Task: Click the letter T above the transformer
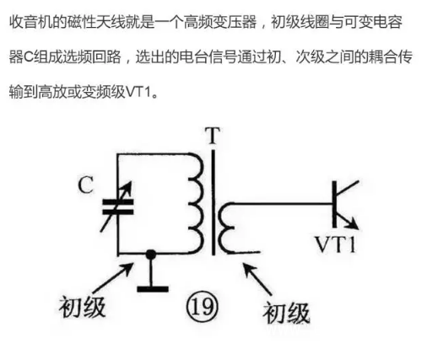point(213,136)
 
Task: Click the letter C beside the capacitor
point(86,185)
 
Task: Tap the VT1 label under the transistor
point(335,244)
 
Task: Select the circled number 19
point(202,307)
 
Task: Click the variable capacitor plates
point(118,207)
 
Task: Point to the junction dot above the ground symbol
point(150,255)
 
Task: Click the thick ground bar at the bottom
point(153,289)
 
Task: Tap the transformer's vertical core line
point(213,202)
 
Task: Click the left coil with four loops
point(196,203)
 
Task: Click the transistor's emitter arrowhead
point(353,224)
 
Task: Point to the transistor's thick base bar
point(334,204)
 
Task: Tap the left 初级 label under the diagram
point(82,307)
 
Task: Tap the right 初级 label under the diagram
point(286,314)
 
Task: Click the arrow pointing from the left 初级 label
point(112,277)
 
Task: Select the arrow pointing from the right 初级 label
point(258,279)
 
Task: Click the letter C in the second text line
point(29,56)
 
